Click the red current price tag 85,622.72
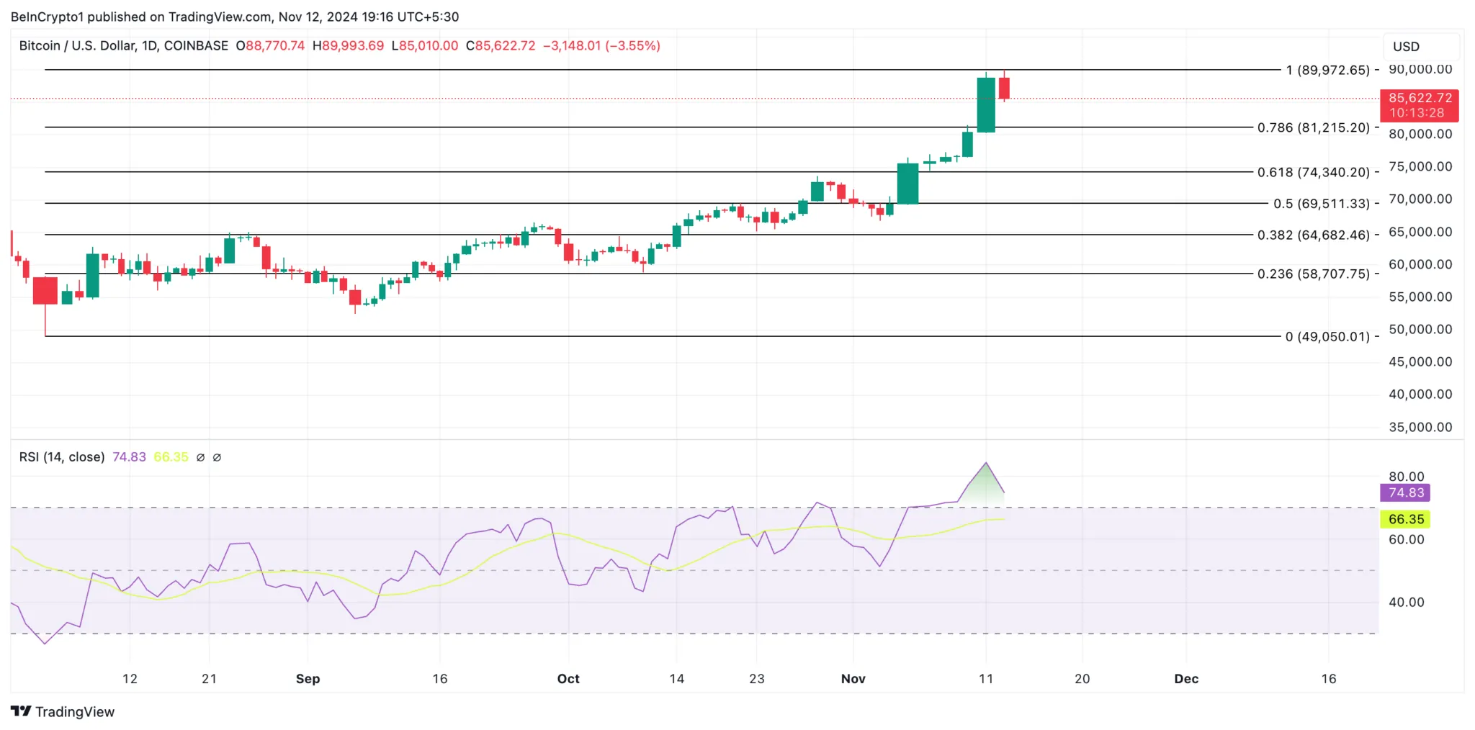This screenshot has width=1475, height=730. click(1419, 105)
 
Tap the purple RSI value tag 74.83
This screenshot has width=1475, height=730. click(1405, 493)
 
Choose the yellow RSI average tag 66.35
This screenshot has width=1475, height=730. click(1405, 519)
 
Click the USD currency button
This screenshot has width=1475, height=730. click(1406, 47)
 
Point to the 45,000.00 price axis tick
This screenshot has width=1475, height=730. click(1420, 362)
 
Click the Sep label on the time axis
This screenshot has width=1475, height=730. click(308, 679)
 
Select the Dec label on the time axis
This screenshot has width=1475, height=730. click(1186, 679)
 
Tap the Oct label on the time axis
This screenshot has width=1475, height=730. click(568, 679)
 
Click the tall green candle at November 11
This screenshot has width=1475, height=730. click(986, 104)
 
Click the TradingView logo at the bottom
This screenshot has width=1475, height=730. click(63, 712)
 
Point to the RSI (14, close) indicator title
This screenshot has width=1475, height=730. click(62, 457)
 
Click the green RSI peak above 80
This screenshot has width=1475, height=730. click(985, 479)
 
